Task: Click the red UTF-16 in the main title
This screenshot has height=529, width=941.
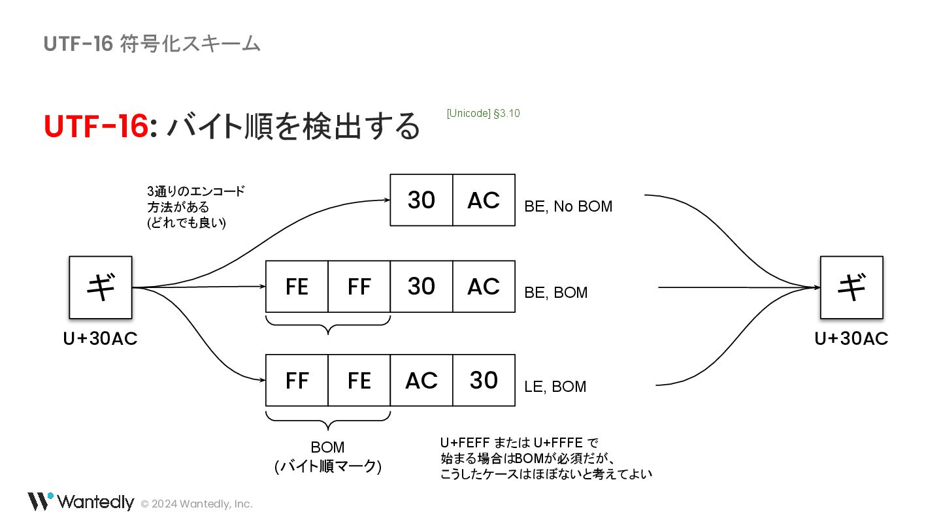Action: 96,127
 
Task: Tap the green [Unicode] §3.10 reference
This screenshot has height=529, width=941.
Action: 483,114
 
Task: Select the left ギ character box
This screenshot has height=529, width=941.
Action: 101,287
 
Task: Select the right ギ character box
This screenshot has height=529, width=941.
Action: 851,287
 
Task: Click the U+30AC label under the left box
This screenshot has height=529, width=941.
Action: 101,339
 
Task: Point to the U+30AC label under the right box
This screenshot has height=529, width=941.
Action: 851,339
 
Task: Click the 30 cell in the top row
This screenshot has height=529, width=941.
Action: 421,200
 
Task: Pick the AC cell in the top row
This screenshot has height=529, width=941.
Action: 484,200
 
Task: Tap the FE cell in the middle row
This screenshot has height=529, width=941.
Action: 297,287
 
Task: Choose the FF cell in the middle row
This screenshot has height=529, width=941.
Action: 359,287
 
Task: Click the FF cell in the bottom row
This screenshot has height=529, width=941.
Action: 297,380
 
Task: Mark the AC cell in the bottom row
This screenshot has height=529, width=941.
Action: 421,380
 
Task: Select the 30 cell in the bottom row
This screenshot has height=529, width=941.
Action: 484,380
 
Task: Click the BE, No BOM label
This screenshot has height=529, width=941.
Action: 569,207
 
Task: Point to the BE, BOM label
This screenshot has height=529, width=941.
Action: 556,293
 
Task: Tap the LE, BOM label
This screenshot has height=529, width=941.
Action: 555,387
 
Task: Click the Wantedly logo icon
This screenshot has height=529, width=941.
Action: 40,501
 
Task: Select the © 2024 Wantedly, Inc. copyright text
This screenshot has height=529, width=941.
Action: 197,504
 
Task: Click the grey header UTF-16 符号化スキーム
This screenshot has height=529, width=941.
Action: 152,44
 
